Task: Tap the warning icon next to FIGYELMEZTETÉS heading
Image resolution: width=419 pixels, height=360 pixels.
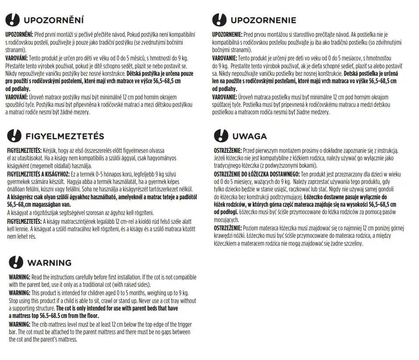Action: tap(14, 136)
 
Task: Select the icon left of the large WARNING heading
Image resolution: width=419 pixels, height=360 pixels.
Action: tap(16, 263)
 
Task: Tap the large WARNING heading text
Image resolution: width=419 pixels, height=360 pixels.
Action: tap(49, 263)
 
